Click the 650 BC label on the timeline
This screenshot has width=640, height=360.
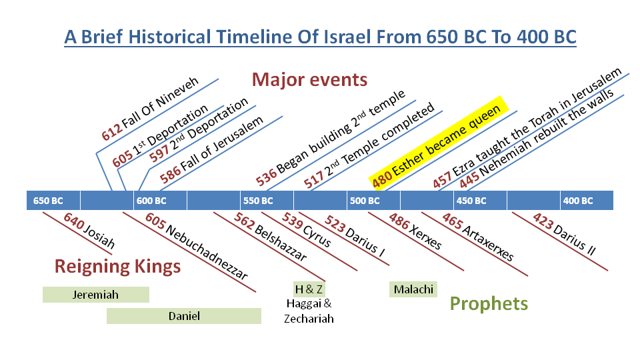[x=48, y=201]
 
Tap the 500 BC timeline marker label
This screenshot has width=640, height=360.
[x=365, y=201]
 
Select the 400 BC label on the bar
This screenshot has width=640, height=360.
[x=578, y=201]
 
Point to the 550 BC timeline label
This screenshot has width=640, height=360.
[x=258, y=201]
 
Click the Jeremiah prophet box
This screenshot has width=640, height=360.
[x=96, y=295]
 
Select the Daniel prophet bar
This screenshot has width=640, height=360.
[x=184, y=316]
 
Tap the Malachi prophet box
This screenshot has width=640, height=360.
[x=413, y=289]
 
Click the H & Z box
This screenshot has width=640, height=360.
[x=309, y=289]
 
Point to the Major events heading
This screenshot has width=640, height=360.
[x=309, y=79]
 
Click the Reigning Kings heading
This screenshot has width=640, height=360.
[x=117, y=267]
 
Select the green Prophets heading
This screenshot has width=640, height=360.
[x=489, y=304]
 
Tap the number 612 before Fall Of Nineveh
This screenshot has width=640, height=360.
[x=112, y=132]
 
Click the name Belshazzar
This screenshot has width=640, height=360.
[x=280, y=243]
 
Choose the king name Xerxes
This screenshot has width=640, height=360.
[x=425, y=237]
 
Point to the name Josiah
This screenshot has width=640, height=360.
[x=99, y=236]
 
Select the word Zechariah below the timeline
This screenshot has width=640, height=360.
[x=309, y=319]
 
